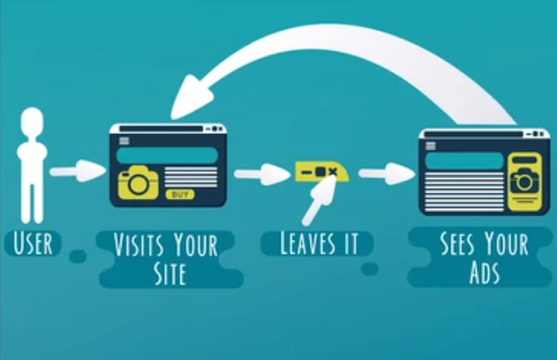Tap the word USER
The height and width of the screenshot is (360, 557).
tap(33, 243)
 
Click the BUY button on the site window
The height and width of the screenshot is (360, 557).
tap(180, 194)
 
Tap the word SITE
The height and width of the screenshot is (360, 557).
tap(170, 273)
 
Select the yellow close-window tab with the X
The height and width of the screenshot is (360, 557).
tap(321, 171)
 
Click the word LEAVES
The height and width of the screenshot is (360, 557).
tap(299, 243)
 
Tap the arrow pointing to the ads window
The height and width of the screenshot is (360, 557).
tap(386, 172)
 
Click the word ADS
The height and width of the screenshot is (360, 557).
tap(485, 274)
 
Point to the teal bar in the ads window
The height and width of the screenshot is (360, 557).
tap(464, 161)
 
